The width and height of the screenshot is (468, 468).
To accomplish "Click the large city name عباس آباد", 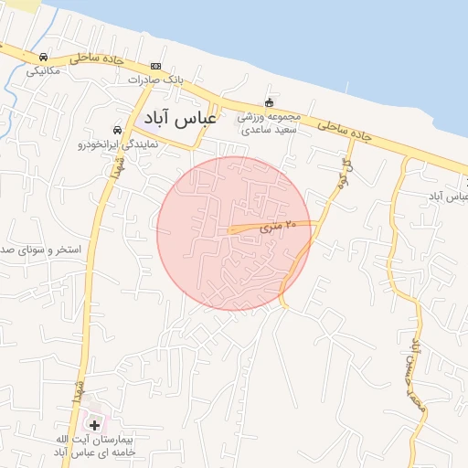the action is coord(180,118).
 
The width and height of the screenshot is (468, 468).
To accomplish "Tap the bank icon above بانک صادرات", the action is coord(155,66).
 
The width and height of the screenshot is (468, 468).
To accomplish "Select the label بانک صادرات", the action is coord(155,80).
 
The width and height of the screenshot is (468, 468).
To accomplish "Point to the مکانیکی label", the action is coord(43,70).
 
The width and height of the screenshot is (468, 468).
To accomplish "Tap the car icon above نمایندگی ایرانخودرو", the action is coord(117,130).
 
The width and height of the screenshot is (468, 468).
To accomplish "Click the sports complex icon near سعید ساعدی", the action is coord(269,102).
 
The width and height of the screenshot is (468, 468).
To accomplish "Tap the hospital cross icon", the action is coord(94,425).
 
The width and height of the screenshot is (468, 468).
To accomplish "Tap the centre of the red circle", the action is coord(233,233).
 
